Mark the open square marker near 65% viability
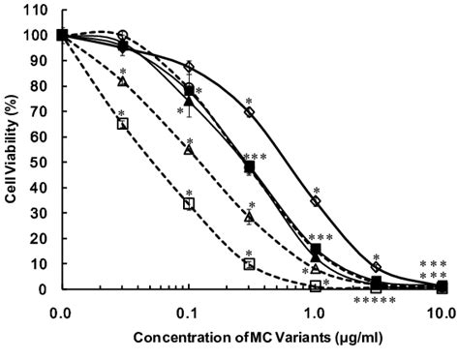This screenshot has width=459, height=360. tap(122, 124)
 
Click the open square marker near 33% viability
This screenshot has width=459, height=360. tap(189, 203)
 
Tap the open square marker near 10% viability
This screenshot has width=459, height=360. tap(249, 263)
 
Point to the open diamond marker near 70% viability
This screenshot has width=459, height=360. tap(249, 111)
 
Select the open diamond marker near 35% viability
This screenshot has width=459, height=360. tap(316, 200)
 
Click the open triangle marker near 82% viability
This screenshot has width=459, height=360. tap(122, 81)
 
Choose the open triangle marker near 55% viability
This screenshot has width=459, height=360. tap(189, 149)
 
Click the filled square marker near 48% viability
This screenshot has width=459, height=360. tap(249, 166)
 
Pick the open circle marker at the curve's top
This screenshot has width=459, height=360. tap(122, 35)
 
